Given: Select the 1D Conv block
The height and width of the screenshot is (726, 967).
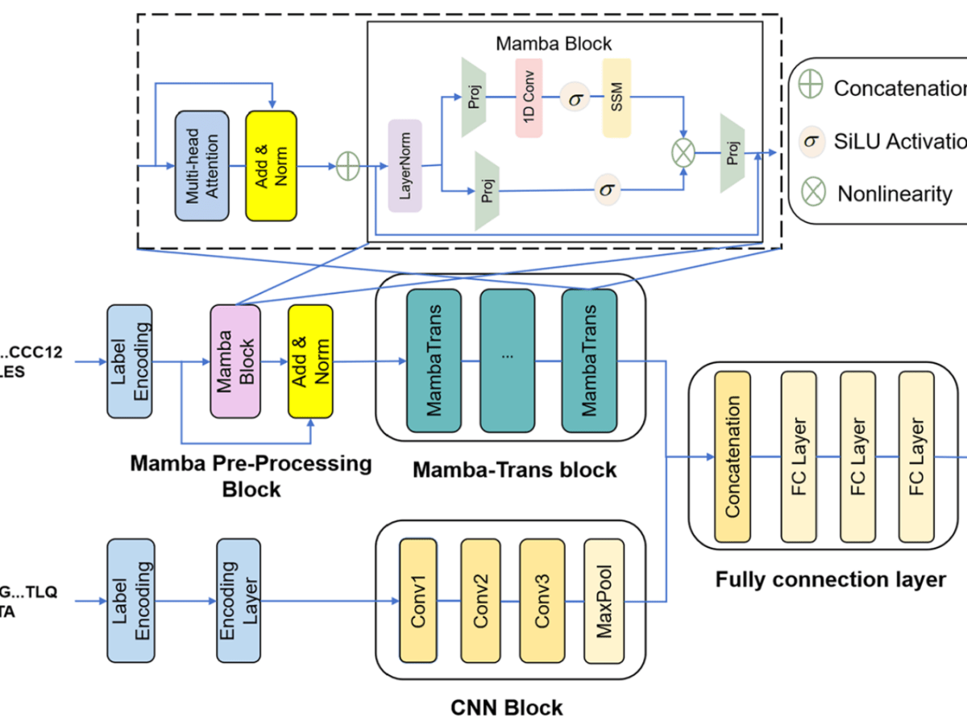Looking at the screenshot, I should (529, 98).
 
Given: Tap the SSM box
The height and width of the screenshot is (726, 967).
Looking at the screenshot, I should (616, 98).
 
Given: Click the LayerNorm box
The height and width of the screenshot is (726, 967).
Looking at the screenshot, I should (405, 165).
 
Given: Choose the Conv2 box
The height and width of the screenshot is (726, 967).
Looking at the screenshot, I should (480, 601).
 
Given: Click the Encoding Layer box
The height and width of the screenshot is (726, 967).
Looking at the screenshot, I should (239, 601).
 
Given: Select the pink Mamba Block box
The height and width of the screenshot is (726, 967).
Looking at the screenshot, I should (235, 361).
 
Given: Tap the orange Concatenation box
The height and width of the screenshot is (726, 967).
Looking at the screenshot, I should (733, 457).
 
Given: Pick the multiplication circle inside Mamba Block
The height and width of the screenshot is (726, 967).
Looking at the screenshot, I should (683, 149).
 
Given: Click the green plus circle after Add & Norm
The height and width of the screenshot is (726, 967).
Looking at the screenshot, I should (347, 166).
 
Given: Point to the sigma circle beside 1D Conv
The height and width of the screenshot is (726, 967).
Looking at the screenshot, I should (574, 98).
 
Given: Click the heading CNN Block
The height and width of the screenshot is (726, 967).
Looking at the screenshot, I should (506, 708).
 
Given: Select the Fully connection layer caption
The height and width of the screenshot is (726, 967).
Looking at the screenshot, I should (830, 579).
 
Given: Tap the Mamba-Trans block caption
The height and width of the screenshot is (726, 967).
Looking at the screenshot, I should (514, 469).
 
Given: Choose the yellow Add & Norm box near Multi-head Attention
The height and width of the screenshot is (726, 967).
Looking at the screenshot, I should (271, 166).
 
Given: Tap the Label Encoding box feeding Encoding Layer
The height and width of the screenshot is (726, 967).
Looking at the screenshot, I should (130, 601).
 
